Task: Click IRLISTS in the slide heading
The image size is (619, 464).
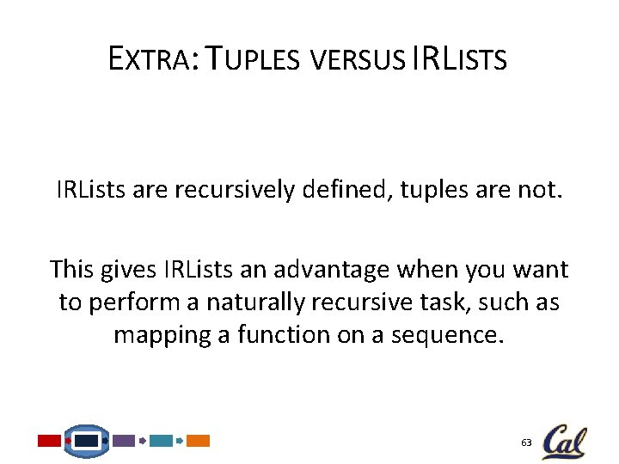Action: (459, 59)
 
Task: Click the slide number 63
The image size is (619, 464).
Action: (526, 442)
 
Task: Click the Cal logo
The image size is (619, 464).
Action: (564, 441)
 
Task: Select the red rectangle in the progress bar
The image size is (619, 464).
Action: (49, 441)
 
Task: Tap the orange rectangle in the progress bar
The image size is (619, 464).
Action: (198, 441)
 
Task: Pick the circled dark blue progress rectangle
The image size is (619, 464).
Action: (87, 441)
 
